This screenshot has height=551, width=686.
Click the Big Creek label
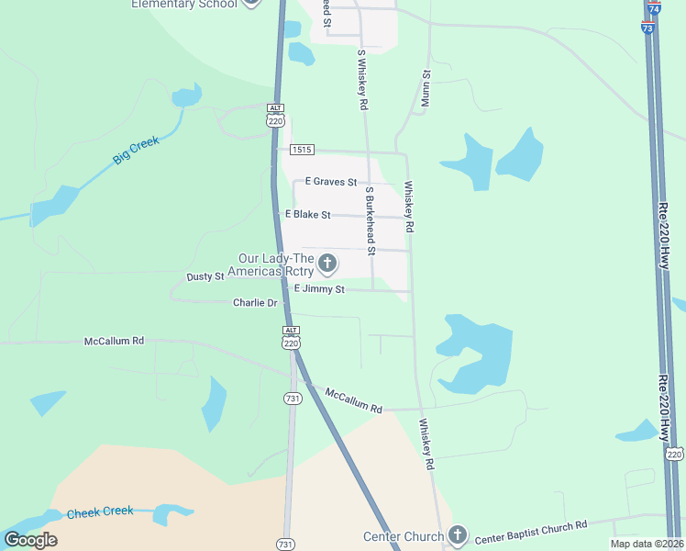tap(136, 150)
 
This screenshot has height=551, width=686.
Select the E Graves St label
tap(330, 182)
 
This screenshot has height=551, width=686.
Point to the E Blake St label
tap(307, 214)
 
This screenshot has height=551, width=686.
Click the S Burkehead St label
tap(371, 220)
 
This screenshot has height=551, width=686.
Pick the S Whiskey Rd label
tap(362, 80)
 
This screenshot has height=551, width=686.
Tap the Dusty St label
tap(205, 276)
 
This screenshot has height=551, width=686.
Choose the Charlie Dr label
tap(255, 302)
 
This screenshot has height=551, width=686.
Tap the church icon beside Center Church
tap(458, 535)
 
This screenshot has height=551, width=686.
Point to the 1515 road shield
tap(302, 150)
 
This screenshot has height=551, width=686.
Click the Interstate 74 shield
tap(653, 8)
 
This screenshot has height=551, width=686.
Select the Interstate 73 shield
tap(647, 28)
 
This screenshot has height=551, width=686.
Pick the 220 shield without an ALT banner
tap(674, 454)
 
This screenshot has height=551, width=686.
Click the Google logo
tap(30, 539)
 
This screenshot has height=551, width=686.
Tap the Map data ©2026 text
tap(647, 544)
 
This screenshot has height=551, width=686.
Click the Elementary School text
tap(184, 4)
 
